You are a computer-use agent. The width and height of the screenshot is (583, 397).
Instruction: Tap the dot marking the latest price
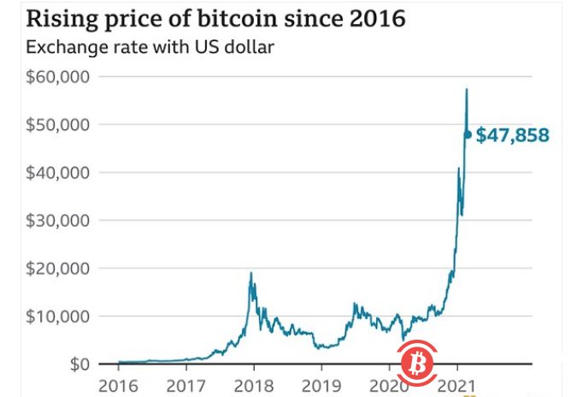[x=468, y=134]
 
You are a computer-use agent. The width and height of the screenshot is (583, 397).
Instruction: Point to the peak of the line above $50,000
[x=467, y=89]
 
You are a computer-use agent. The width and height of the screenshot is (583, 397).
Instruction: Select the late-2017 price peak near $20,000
[x=250, y=274]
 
